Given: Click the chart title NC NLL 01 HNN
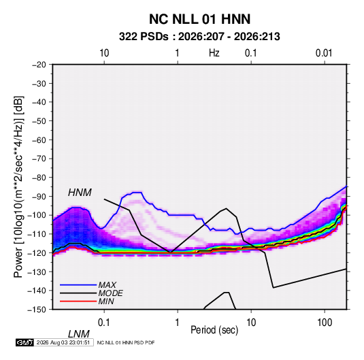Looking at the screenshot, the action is point(199,19).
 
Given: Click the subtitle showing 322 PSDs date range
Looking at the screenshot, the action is point(199,37).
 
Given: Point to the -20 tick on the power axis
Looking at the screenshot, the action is point(39,65).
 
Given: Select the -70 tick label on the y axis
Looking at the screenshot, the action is point(39,159).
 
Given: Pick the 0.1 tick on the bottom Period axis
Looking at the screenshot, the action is point(104,323).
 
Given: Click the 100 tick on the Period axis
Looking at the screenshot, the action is point(325,323).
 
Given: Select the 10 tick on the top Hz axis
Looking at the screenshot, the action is point(104,53).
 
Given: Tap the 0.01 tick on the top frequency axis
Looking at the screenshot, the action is point(324,53).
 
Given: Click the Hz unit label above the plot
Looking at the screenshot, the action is point(214,53).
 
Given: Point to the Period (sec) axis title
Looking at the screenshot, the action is point(214,330).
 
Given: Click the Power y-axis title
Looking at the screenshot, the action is point(18,187).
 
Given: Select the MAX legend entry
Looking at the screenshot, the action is point(107,284).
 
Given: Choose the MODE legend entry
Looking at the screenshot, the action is point(110,293).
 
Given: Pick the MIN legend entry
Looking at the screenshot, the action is point(106,301).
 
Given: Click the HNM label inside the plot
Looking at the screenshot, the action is point(80,193).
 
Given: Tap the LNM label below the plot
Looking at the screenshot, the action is point(78,334).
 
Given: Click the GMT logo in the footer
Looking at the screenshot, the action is point(24,342).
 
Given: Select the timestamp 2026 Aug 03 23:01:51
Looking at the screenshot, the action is point(63,342).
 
